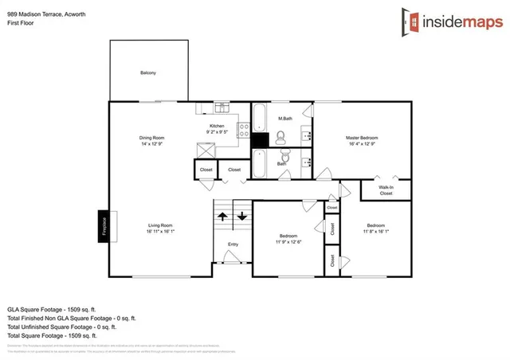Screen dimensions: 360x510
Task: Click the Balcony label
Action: tap(148, 73)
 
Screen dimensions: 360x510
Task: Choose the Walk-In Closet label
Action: tap(386, 190)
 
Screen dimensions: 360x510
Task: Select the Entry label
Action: tap(233, 245)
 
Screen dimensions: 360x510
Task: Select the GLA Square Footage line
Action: tap(51, 307)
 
